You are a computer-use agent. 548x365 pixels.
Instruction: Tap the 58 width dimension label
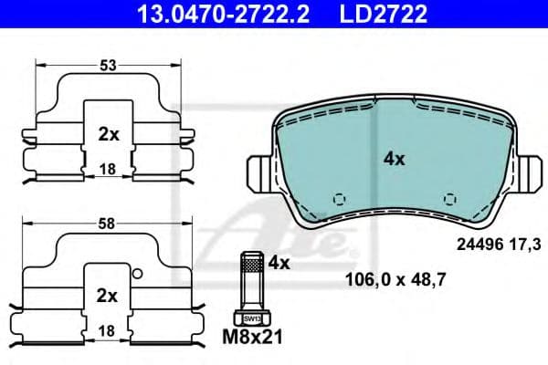tap(109, 221)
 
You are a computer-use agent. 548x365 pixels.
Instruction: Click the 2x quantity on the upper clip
tap(109, 133)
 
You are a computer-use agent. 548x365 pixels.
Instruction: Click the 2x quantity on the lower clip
tap(109, 295)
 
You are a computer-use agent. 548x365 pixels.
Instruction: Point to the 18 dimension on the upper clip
tap(109, 169)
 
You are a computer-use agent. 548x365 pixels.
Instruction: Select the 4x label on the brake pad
tap(394, 158)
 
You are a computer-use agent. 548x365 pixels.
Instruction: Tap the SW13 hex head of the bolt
tap(250, 318)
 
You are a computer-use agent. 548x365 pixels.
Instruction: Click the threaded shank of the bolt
tap(250, 279)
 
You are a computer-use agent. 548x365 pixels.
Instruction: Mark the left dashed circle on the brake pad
tap(340, 198)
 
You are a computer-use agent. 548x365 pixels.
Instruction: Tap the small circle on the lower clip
tap(136, 273)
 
